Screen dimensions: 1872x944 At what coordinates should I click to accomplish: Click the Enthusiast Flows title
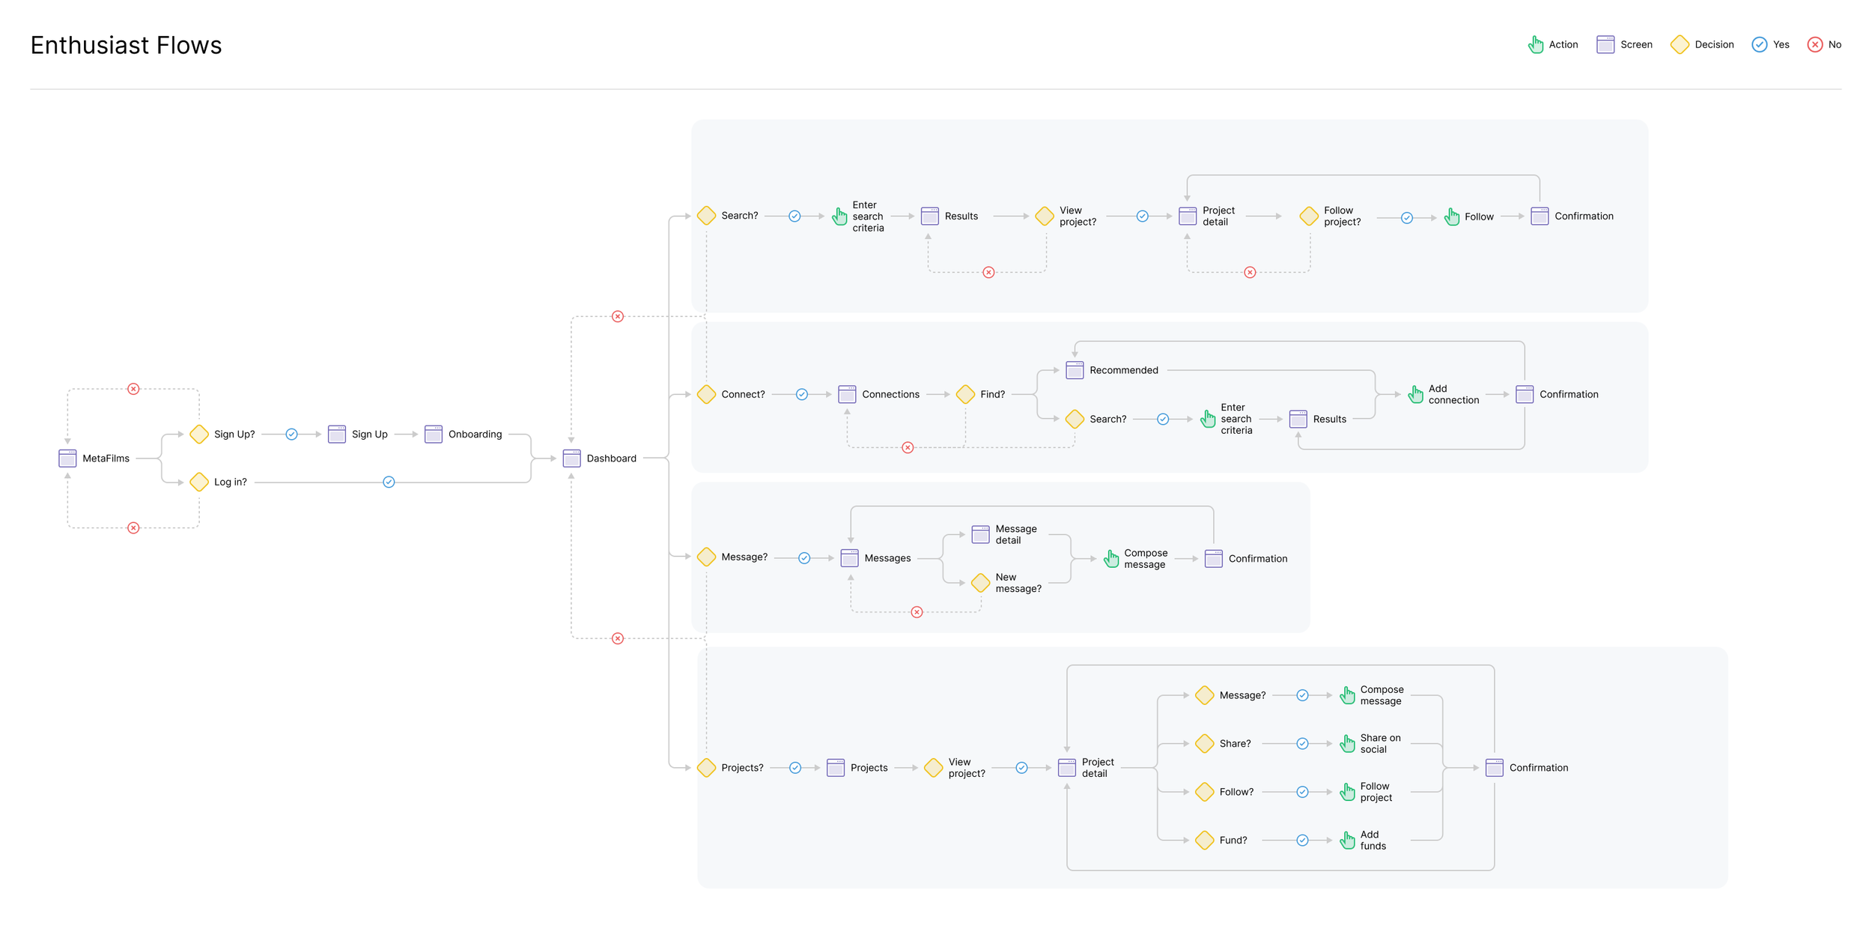click(x=126, y=45)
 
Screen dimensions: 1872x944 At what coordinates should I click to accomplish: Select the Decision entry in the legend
click(x=1701, y=44)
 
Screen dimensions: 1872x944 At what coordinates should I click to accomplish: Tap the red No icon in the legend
click(x=1815, y=44)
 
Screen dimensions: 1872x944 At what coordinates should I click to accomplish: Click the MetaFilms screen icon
click(x=67, y=458)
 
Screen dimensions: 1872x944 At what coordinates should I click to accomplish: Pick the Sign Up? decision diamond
click(x=199, y=434)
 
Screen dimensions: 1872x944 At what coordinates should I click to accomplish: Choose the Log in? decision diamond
click(x=199, y=482)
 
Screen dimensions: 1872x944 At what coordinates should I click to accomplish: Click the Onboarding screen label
click(x=475, y=434)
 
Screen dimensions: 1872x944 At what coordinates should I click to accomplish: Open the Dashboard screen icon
click(x=571, y=458)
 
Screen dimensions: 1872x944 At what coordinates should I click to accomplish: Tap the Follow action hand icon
click(x=1451, y=217)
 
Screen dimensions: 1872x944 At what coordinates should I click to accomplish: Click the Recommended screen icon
click(x=1075, y=370)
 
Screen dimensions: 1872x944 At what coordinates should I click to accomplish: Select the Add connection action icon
click(x=1415, y=394)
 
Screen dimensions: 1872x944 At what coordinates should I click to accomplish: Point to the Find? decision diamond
click(x=966, y=394)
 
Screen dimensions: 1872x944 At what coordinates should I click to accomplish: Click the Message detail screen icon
click(x=980, y=534)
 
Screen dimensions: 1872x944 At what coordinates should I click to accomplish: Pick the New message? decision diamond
click(x=980, y=582)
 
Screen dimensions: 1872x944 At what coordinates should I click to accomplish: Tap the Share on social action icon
click(x=1347, y=743)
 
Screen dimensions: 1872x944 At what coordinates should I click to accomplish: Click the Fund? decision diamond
click(x=1205, y=840)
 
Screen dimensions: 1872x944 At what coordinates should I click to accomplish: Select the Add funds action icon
click(x=1347, y=840)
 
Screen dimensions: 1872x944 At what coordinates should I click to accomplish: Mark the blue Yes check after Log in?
click(x=389, y=482)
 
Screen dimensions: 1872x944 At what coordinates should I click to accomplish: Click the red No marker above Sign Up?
click(x=133, y=389)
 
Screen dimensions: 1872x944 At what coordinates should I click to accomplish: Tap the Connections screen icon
click(x=847, y=394)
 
